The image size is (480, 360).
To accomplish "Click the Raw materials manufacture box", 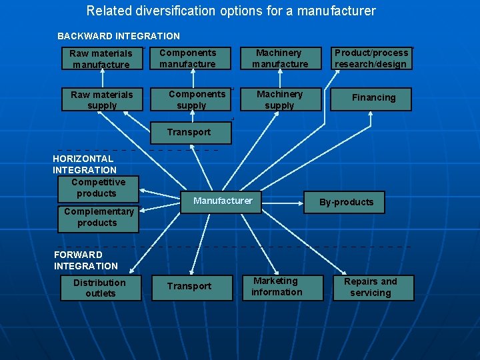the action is [x=101, y=59].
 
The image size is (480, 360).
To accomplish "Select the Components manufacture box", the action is [x=188, y=59].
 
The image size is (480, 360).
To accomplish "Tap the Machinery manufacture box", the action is [x=280, y=59].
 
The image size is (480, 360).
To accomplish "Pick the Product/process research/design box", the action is [x=371, y=59].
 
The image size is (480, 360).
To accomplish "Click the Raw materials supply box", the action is [x=101, y=100].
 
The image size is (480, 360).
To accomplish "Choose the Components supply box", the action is [x=193, y=99].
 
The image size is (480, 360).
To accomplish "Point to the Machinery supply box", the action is [x=279, y=100].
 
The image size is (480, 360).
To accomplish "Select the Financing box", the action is [x=373, y=98].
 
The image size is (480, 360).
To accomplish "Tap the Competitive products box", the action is [x=97, y=187].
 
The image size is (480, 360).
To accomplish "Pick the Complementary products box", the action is [x=98, y=217].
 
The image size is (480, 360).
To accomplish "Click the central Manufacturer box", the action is [x=223, y=201].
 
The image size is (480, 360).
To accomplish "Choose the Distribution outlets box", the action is [x=100, y=288].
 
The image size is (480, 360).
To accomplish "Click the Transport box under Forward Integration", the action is [x=189, y=286].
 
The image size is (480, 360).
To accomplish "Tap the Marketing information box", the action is [x=277, y=287].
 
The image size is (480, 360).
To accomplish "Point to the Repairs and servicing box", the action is [x=371, y=287].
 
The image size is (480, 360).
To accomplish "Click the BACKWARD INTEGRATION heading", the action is [x=119, y=36].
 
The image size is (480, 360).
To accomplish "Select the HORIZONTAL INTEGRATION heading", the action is [x=84, y=164].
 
